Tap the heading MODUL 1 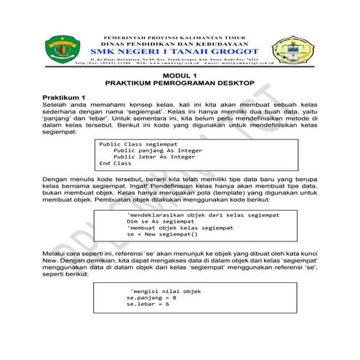point(179,76)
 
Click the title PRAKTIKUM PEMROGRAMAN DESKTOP point(179,84)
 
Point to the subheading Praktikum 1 point(64,97)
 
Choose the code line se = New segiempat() point(162,235)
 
